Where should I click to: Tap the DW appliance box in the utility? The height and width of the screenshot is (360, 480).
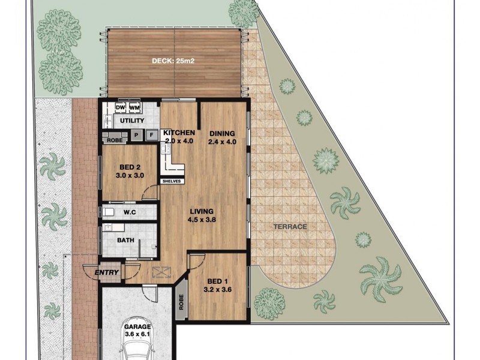(120, 107)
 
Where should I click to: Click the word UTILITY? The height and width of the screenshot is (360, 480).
(131, 121)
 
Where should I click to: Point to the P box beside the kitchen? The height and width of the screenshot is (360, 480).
(136, 136)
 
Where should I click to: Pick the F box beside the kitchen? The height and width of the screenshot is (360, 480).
(151, 136)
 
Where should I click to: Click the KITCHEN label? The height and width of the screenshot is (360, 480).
(179, 133)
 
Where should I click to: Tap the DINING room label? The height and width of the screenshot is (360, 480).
(221, 133)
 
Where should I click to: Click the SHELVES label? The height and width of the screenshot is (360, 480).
(172, 180)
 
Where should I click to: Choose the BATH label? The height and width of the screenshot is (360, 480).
(125, 241)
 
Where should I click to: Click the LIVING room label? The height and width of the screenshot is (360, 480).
(202, 211)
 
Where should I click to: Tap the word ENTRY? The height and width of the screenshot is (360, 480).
(107, 273)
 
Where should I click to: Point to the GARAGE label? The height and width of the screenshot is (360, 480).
(138, 327)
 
